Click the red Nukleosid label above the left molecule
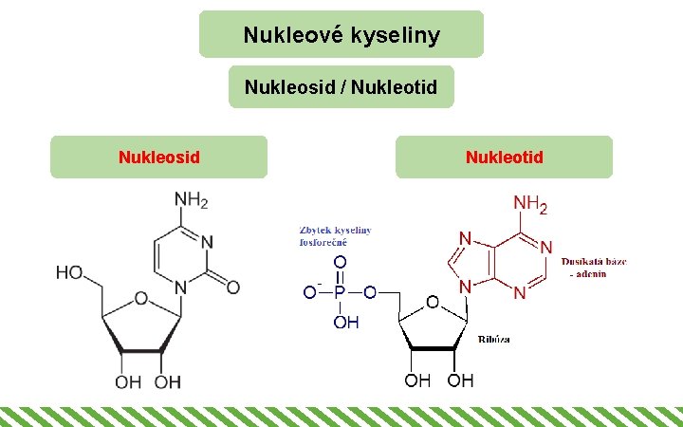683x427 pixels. tap(158, 157)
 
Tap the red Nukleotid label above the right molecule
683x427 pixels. tap(504, 157)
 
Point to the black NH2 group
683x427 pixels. tap(190, 201)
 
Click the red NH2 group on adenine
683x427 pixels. tap(530, 204)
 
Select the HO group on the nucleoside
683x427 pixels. tap(69, 272)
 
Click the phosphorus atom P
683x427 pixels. tap(339, 292)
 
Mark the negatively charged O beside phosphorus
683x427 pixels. tap(309, 292)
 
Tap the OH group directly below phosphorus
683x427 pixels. tap(345, 323)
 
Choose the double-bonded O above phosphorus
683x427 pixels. tap(339, 261)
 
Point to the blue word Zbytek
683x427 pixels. tap(315, 231)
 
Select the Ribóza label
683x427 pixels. tap(493, 339)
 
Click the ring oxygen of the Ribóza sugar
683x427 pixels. tap(432, 302)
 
